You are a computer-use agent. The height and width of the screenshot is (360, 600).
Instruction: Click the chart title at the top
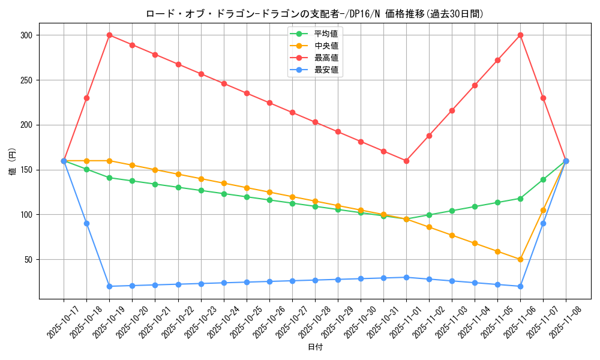pos(315,13)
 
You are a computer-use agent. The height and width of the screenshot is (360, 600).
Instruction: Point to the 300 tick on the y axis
pos(28,35)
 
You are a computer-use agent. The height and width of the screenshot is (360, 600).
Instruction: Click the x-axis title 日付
pos(315,347)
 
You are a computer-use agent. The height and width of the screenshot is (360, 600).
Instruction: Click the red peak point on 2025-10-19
pos(109,35)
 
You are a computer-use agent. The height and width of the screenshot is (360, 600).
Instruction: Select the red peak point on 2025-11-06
pos(520,35)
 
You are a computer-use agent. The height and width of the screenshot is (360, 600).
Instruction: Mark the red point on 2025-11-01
pos(406,161)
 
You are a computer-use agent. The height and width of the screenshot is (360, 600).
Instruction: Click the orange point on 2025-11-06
pos(520,259)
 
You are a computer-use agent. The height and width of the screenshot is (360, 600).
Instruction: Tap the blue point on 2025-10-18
pos(86,223)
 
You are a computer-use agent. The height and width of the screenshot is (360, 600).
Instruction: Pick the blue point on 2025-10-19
pos(109,286)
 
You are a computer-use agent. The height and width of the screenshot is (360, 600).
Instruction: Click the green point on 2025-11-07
pos(543,179)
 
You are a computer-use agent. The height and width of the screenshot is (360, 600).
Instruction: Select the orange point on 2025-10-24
pos(224,183)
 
